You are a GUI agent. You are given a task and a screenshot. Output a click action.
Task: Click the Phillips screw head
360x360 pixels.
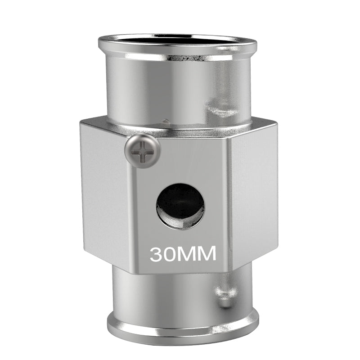click(142, 151)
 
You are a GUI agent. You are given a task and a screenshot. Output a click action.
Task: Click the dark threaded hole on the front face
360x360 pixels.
click(180, 207)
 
